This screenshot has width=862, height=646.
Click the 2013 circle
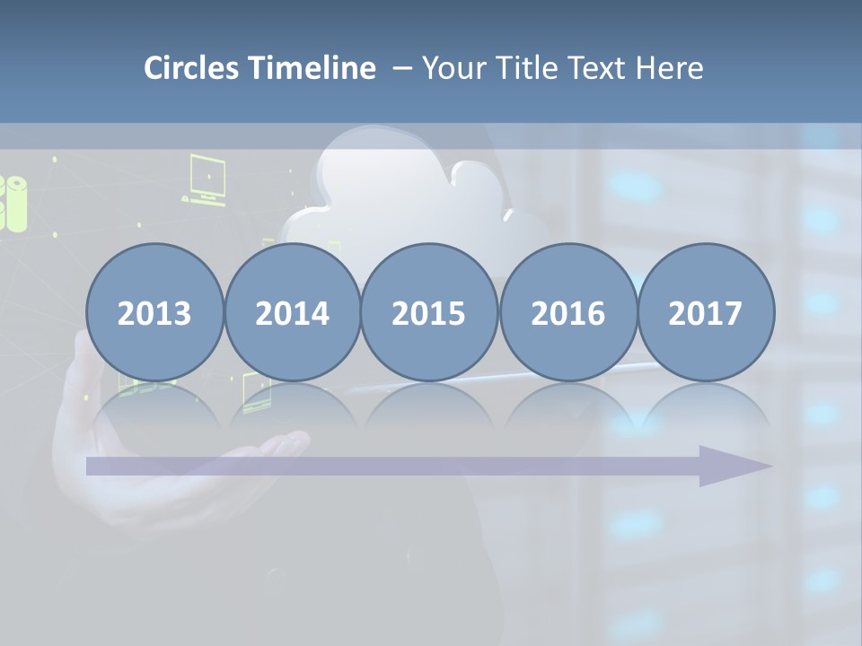tap(154, 312)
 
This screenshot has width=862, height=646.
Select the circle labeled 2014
tap(292, 312)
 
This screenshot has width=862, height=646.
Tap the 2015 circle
tap(429, 312)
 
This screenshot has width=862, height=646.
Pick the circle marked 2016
tap(567, 312)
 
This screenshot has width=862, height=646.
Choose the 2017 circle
tap(705, 312)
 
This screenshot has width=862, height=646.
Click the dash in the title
tap(402, 69)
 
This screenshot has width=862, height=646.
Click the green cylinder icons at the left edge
tap(13, 203)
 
